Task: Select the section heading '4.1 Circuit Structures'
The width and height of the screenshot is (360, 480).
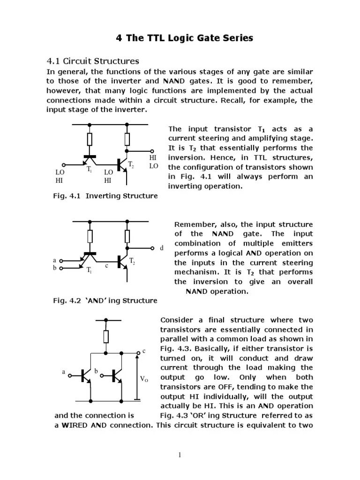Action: click(93, 61)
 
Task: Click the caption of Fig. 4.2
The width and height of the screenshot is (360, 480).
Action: click(105, 300)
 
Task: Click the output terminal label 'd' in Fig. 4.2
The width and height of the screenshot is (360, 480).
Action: click(162, 248)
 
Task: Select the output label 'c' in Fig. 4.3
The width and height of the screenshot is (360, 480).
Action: click(144, 351)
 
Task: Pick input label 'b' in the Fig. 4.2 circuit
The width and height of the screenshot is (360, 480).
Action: click(54, 268)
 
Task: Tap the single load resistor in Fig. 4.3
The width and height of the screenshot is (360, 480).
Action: click(106, 337)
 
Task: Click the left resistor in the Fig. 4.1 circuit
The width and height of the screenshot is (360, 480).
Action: click(89, 139)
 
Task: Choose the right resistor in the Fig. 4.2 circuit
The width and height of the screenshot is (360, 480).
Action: click(127, 236)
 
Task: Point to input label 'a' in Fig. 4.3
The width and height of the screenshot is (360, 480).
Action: click(63, 371)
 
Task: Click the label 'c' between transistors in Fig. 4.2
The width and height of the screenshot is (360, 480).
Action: click(106, 266)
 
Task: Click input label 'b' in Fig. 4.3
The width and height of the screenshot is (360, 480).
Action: click(96, 371)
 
